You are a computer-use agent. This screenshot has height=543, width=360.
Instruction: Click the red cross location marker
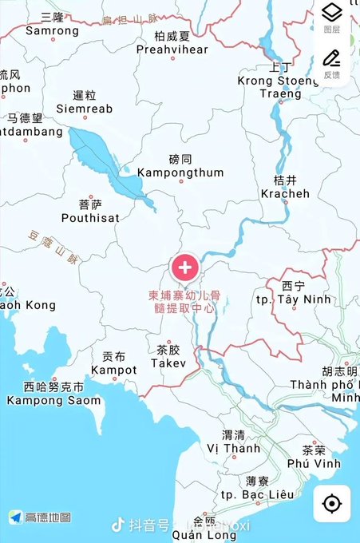click(x=185, y=267)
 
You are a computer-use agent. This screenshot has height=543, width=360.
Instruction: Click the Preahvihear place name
click(x=172, y=49)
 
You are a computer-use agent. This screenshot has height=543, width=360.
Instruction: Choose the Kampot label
click(x=113, y=369)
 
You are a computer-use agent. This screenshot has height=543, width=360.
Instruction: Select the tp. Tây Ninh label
click(x=298, y=299)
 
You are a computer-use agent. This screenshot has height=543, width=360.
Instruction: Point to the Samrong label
click(x=53, y=31)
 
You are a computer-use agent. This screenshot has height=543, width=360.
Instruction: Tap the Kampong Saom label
click(x=53, y=399)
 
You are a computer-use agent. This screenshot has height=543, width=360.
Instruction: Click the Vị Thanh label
click(x=233, y=448)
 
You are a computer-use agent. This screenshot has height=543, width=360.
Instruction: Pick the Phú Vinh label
click(x=314, y=462)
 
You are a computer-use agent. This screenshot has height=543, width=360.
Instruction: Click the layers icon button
click(x=331, y=14)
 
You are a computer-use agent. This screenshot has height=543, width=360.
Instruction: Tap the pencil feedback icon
click(x=331, y=58)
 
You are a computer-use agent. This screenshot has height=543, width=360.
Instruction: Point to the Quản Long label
click(x=211, y=535)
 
